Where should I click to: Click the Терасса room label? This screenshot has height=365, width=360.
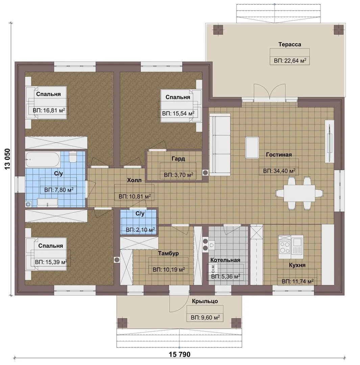(x=290, y=45)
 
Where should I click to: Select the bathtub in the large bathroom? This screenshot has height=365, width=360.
(x=43, y=160)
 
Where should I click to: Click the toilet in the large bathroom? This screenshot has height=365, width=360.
(x=73, y=156)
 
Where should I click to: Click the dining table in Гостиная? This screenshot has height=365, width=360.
(x=299, y=193)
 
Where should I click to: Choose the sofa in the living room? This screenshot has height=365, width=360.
(x=220, y=145)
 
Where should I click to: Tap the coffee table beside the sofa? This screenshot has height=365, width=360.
(x=252, y=148)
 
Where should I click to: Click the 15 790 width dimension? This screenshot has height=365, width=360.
(x=179, y=355)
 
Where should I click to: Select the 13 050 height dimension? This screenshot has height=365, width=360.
(x=7, y=159)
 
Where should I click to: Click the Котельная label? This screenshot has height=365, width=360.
(x=225, y=260)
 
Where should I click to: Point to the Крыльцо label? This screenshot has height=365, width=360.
(x=205, y=301)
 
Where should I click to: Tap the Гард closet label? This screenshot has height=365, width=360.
(x=178, y=159)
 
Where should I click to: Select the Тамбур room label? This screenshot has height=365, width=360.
(x=168, y=253)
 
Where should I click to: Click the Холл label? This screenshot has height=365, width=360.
(x=134, y=180)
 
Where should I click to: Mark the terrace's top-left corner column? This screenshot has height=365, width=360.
(x=218, y=30)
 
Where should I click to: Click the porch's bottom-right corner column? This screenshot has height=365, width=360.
(x=236, y=323)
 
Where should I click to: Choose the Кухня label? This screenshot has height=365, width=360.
(x=297, y=265)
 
